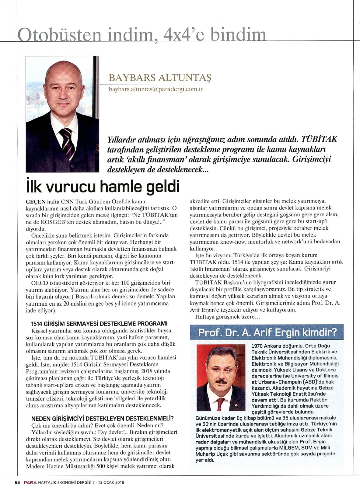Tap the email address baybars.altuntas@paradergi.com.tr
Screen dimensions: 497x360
(x=156, y=89)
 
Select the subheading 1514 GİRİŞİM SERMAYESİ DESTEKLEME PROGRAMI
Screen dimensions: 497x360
(x=100, y=323)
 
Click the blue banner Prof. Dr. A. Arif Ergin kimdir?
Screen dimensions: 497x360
(x=268, y=332)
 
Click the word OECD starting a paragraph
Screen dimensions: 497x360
(x=39, y=283)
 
